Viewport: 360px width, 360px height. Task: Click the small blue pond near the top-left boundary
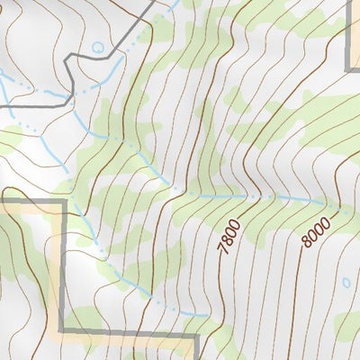(97, 47)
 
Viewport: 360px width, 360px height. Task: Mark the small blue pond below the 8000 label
(346, 283)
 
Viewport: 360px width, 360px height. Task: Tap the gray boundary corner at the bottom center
(195, 336)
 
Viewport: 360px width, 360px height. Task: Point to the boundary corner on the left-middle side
(63, 202)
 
